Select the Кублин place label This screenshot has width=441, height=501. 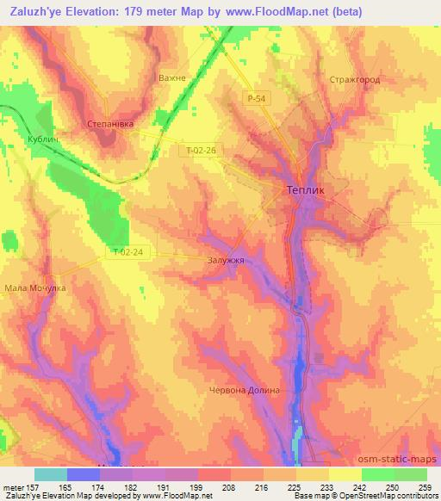[x=42, y=139]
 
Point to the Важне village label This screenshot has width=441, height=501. [x=172, y=78]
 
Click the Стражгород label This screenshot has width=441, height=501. [x=354, y=79]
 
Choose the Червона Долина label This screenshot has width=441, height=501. [x=245, y=390]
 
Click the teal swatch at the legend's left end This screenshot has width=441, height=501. [x=50, y=473]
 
